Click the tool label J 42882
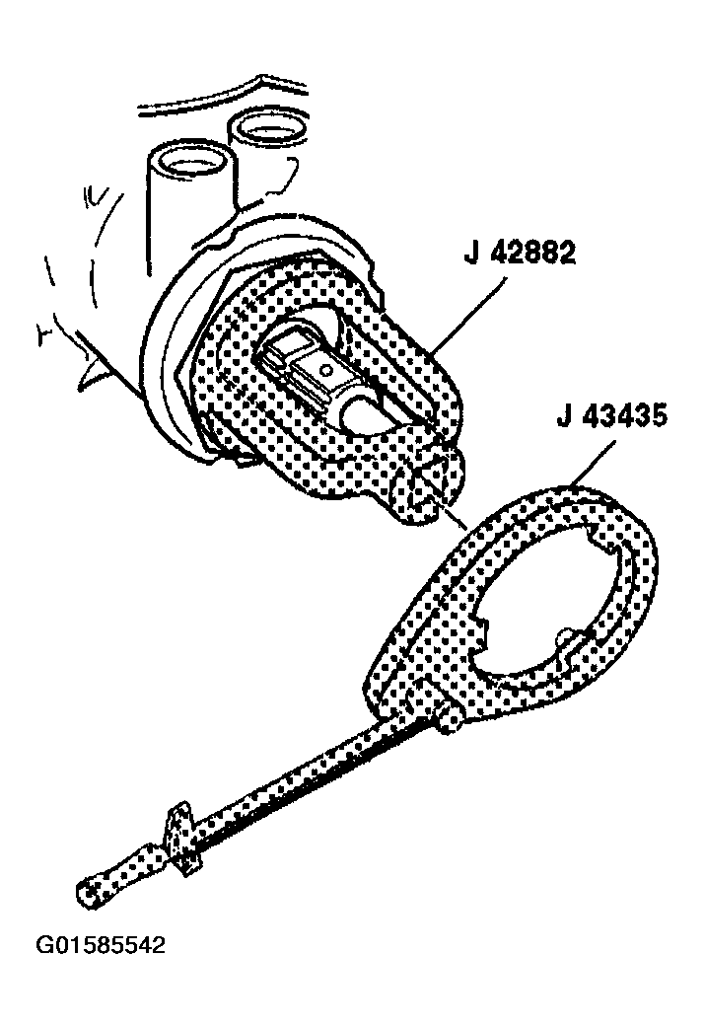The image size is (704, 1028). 520,254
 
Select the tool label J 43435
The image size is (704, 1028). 612,416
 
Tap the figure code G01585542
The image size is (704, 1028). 100,946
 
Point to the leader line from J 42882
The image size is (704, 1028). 467,315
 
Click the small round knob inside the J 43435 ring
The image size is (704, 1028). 563,637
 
